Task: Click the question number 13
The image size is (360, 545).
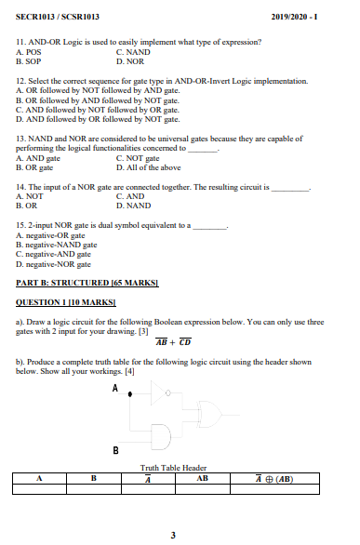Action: click(21, 137)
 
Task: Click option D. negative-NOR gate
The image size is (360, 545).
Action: click(54, 263)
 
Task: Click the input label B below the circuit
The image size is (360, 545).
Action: click(116, 450)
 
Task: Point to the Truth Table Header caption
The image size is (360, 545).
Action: click(173, 467)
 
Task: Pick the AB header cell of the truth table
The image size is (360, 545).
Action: click(204, 478)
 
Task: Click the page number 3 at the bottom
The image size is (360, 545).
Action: click(173, 534)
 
